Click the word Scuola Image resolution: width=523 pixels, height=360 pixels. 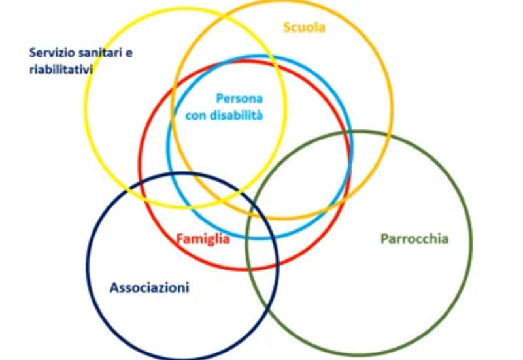(x=304, y=27)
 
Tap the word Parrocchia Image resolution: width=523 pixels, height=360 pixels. (x=414, y=238)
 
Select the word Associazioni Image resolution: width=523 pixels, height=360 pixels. (x=150, y=287)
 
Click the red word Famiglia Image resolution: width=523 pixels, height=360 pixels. (x=203, y=238)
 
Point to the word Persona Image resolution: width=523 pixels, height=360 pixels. (x=239, y=99)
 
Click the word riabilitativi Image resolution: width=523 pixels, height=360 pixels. (x=60, y=68)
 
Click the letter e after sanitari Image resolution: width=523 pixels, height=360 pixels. (x=129, y=54)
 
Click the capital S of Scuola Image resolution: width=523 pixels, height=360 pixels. (x=287, y=27)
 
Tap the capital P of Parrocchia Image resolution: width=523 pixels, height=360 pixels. (x=384, y=238)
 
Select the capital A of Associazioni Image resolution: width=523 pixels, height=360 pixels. (x=114, y=287)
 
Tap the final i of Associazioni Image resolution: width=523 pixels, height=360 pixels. (x=188, y=287)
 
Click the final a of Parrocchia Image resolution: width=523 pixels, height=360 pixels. (x=445, y=238)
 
